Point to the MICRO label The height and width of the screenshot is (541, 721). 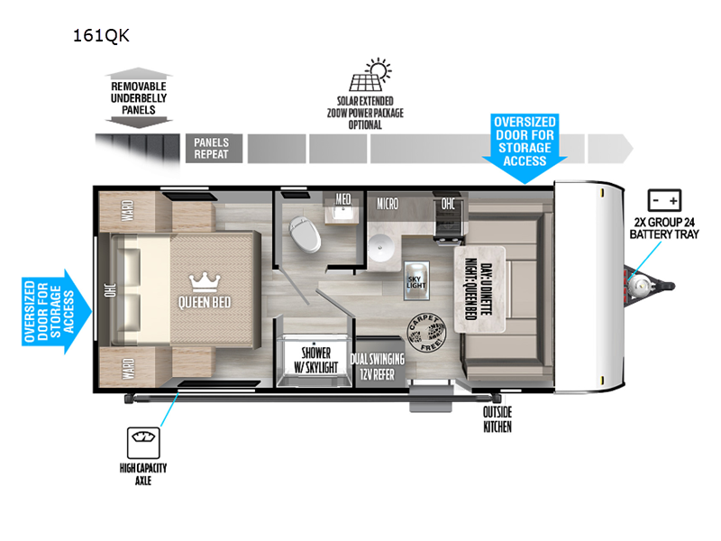click(388, 204)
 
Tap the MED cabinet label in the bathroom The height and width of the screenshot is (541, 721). click(343, 199)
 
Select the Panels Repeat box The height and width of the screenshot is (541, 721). click(212, 148)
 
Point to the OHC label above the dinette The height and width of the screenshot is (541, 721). click(448, 203)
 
